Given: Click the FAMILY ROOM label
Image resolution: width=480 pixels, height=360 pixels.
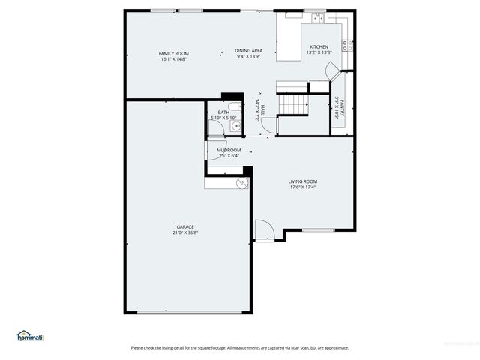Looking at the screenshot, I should click(x=173, y=53).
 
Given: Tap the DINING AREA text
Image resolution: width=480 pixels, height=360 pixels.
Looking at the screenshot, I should click(x=248, y=51).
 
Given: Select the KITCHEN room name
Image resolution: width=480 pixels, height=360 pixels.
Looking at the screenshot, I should click(x=319, y=46).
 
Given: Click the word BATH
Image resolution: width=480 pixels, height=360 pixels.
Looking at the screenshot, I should click(x=223, y=112).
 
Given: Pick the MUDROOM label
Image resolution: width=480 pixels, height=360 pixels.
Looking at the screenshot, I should click(x=229, y=150).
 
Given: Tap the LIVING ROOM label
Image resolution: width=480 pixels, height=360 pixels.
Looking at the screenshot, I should click(x=303, y=181).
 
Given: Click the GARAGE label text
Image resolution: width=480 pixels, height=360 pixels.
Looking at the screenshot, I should click(x=185, y=226).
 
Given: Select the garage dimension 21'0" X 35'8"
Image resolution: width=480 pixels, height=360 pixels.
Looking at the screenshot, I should click(x=185, y=232).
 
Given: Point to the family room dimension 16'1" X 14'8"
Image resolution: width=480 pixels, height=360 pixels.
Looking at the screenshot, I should click(x=173, y=59).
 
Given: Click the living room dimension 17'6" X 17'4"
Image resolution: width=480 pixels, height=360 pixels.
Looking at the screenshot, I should click(x=303, y=187).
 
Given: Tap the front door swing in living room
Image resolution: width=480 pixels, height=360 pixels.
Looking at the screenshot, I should click(x=263, y=229).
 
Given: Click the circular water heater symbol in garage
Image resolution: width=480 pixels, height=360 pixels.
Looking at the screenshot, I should click(x=242, y=182).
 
